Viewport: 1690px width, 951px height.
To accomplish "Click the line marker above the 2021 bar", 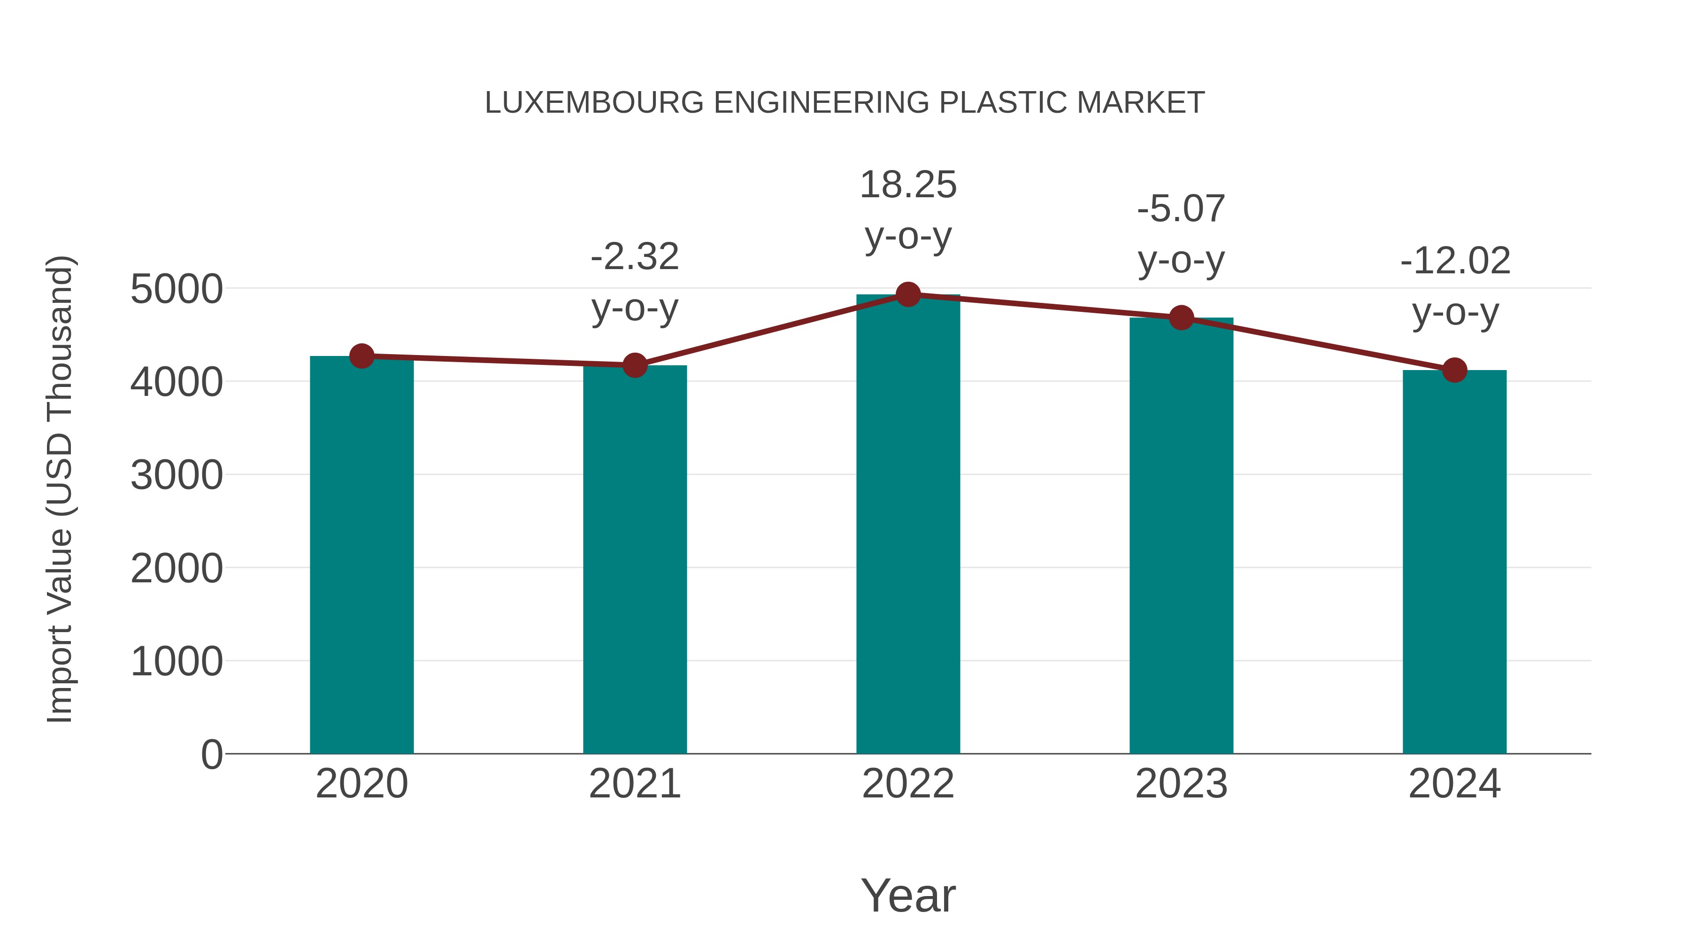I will (634, 365).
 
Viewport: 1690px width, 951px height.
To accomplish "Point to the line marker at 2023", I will (1181, 317).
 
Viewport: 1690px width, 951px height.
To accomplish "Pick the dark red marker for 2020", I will (361, 356).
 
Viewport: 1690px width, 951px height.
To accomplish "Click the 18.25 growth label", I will (908, 185).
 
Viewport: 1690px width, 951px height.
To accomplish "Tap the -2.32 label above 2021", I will (634, 256).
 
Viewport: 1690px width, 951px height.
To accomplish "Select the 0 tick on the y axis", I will (211, 754).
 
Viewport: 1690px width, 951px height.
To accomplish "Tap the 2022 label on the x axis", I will (908, 784).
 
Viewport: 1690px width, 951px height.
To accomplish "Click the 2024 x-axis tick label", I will (1454, 784).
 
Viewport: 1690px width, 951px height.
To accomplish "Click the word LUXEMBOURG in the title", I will (594, 103).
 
